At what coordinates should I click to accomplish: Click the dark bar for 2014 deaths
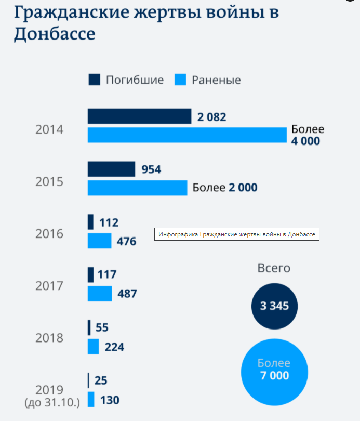[139, 116]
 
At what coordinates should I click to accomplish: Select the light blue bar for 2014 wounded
[187, 135]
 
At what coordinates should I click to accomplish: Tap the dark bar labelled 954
[111, 169]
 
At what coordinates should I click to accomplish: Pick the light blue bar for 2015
[137, 188]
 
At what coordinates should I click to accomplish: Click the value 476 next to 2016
[126, 242]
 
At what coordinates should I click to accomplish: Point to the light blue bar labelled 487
[99, 294]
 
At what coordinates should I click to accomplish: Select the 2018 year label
[49, 338]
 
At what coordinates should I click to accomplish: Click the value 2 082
[211, 117]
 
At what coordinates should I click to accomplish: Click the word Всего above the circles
[274, 268]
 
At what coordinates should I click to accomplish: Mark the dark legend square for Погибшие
[94, 80]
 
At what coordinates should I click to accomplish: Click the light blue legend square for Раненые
[180, 80]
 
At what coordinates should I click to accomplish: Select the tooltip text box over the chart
[237, 234]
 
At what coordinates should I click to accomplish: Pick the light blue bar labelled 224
[93, 347]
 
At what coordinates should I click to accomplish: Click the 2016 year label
[49, 234]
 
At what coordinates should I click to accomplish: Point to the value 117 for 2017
[106, 274]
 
